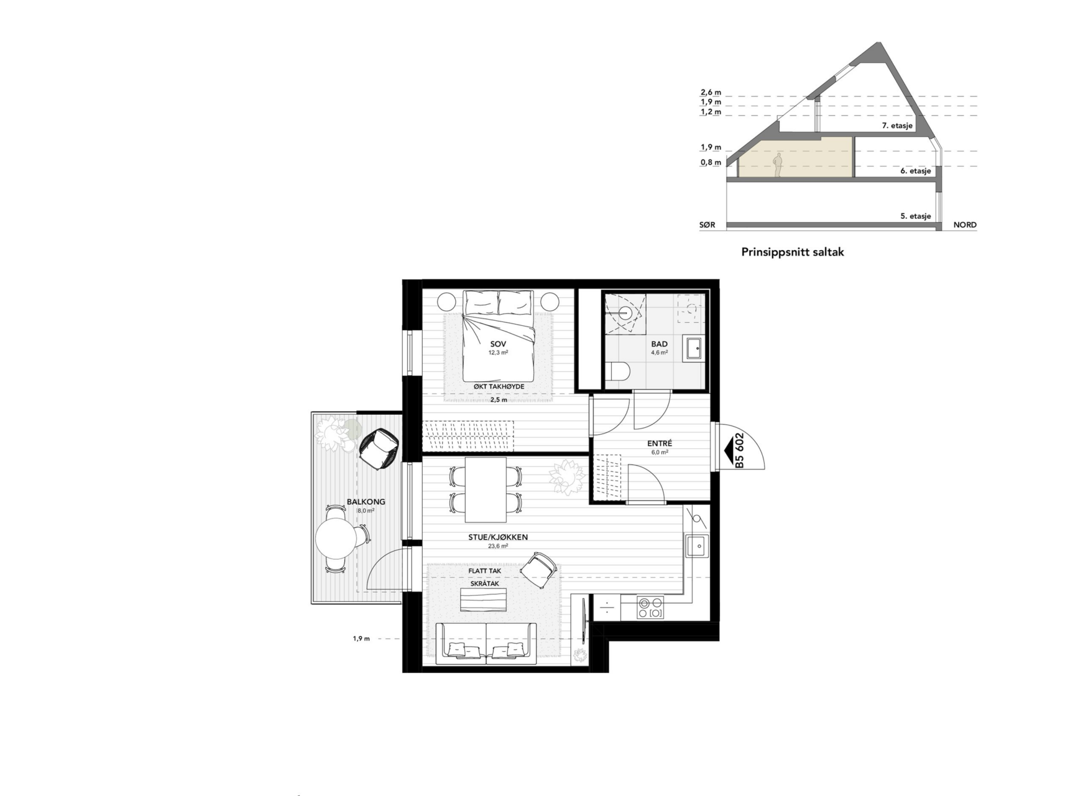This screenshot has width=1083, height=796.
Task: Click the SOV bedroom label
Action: [498, 344]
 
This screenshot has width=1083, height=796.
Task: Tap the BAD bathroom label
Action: [660, 344]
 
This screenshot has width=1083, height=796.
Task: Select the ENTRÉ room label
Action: [660, 443]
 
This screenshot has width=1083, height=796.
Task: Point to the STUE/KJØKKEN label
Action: [498, 537]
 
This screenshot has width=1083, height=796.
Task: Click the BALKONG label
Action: [366, 502]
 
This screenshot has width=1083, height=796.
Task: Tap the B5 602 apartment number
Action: [739, 450]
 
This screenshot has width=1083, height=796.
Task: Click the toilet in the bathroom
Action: [617, 372]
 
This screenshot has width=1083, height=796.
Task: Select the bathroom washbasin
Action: [693, 349]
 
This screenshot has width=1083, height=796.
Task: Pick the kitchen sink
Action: [697, 546]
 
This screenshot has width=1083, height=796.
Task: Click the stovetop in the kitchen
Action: [650, 608]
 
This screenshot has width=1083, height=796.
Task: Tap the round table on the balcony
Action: [336, 539]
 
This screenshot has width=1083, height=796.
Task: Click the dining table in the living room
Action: [486, 490]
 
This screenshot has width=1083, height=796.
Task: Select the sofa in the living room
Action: [486, 643]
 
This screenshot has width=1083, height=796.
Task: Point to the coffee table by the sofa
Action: [483, 600]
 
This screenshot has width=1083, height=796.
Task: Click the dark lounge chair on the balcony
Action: [379, 448]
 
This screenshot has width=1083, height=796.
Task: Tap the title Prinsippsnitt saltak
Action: [793, 252]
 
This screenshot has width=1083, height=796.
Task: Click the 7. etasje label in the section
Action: [897, 126]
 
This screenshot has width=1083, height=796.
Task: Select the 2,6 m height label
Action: [711, 93]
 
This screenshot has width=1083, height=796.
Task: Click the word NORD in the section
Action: [965, 225]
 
